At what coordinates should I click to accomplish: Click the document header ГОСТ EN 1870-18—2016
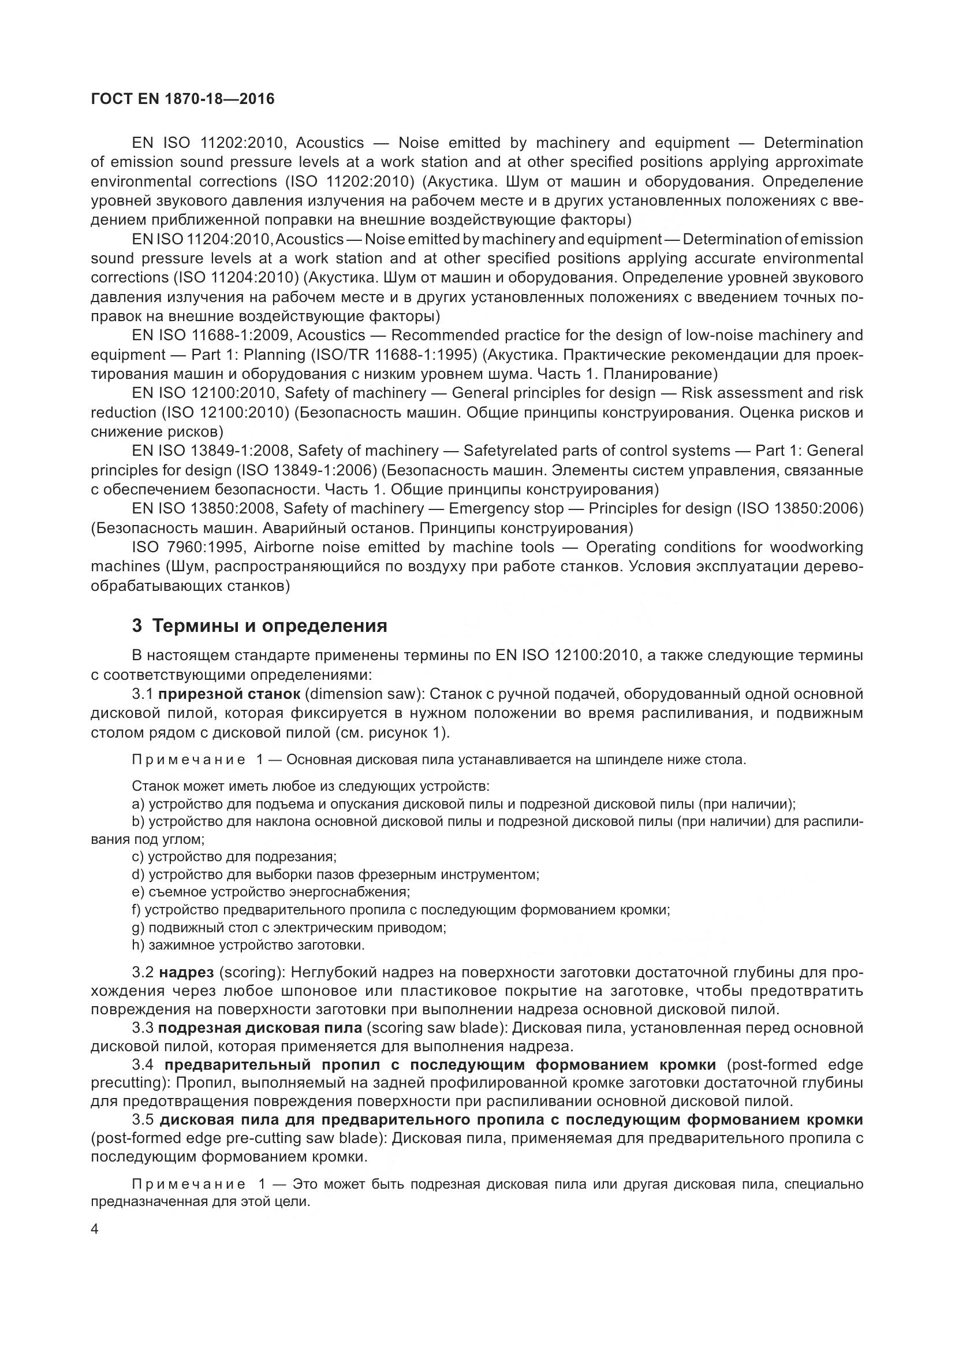pos(183,99)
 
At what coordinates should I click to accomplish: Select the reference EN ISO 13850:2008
pos(203,508)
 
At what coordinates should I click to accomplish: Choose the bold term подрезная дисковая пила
pos(260,1028)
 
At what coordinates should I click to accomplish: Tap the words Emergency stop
pos(506,508)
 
